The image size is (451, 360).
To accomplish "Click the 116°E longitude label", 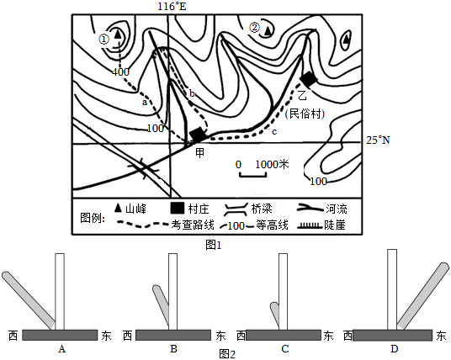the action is coord(172,6).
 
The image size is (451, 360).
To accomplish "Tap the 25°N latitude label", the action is coord(378,140).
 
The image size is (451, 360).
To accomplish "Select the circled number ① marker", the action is coord(104,39).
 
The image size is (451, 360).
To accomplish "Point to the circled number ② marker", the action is coord(255,28).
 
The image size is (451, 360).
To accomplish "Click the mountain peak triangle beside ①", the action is coord(117,34).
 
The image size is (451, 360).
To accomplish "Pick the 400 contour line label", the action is coord(120,71).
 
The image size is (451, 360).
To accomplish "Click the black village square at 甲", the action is coord(198,135).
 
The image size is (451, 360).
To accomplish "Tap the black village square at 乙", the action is coord(308,78).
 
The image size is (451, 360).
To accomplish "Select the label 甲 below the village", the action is coord(200,153).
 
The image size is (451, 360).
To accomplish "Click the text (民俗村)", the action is coord(305,114).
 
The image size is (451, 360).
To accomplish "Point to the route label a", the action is coord(145,103).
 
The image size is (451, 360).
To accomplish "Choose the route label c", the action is coord(274,132).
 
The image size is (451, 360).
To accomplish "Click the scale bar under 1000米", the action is coord(252,175).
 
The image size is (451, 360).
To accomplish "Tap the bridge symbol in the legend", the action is coord(236,209).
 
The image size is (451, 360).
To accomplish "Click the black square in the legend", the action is coord(178,209).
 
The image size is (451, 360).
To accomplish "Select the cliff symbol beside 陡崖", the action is coord(310,225).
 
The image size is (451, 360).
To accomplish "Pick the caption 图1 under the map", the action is coord(214,245).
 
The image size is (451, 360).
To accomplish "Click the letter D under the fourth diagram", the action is coord(394,349).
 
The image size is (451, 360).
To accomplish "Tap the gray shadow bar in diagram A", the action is coord(29,300).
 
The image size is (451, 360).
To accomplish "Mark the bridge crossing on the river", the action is coord(144,168).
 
